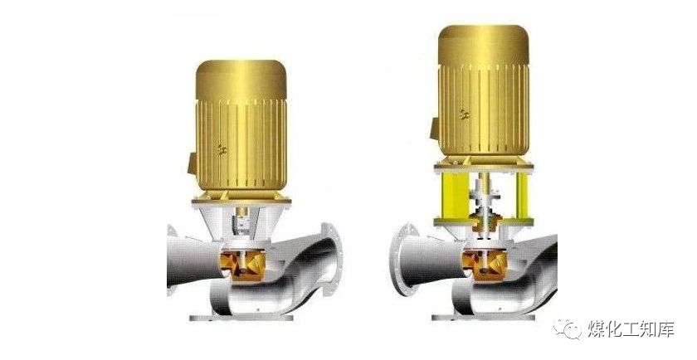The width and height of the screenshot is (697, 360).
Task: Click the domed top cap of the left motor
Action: click(241, 79)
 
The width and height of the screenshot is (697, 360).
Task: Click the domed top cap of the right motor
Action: click(484, 45)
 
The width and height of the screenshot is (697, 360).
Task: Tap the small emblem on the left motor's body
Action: click(222, 149)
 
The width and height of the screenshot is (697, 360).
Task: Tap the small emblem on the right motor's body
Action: click(465, 114)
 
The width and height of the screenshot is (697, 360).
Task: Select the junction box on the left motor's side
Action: click(193, 163)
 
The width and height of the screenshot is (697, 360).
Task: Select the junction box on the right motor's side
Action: click(435, 128)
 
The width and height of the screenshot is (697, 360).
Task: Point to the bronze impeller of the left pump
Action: click(242, 265)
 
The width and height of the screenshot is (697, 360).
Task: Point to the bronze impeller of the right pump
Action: click(485, 265)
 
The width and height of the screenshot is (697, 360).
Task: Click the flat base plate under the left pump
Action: click(241, 318)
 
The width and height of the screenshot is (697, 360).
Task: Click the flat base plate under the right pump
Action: click(484, 318)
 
